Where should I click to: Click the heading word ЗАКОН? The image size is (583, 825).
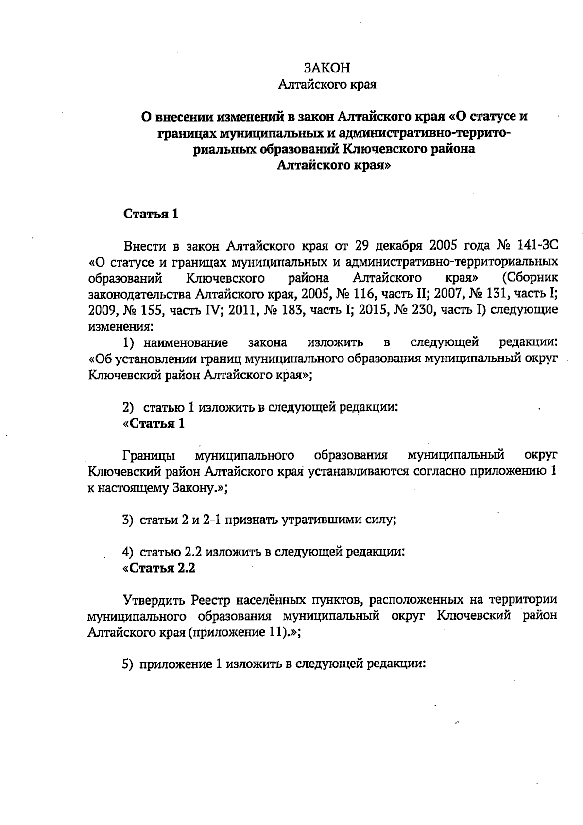327,68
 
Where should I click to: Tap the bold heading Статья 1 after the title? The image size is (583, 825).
151,214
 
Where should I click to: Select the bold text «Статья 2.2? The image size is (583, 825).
159,568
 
